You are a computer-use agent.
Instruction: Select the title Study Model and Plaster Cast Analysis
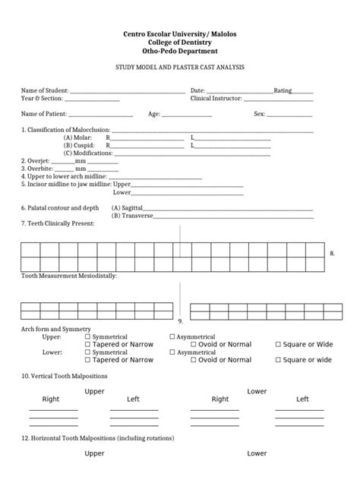[x=180, y=68]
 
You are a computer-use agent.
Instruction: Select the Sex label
[x=259, y=114]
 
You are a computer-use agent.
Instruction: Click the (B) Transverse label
[x=132, y=216]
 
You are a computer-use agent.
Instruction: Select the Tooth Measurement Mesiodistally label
[x=68, y=276]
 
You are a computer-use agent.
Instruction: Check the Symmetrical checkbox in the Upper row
[x=87, y=336]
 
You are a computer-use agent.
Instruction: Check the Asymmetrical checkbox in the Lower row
[x=172, y=352]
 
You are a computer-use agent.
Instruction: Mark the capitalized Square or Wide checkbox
[x=278, y=345]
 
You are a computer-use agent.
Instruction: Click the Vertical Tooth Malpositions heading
[x=65, y=376]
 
